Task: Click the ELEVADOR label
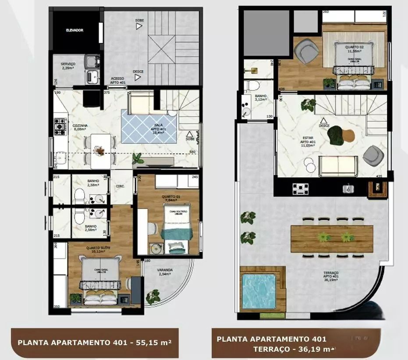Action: click(x=75, y=30)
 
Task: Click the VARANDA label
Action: click(x=165, y=272)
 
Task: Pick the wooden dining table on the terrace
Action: click(x=331, y=238)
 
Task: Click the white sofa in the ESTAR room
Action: click(x=336, y=165)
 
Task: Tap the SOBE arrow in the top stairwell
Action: click(x=139, y=26)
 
